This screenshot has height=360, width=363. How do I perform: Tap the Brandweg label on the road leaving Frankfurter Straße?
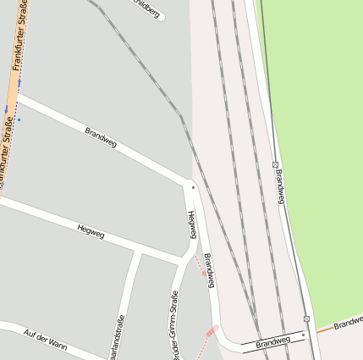(x=101, y=137)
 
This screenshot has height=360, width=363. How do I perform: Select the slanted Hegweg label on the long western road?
(x=91, y=230)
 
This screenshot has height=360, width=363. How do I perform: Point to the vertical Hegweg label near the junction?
(x=192, y=224)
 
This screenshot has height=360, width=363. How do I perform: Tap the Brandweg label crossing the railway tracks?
(x=272, y=343)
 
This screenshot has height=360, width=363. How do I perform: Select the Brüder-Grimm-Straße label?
(x=174, y=326)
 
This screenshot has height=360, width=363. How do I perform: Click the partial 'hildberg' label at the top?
(x=146, y=7)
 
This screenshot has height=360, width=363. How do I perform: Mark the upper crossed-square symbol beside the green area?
(x=275, y=163)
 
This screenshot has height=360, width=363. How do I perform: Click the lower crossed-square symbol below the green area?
(x=306, y=319)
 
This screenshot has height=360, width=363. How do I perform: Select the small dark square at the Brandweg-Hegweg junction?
(x=193, y=187)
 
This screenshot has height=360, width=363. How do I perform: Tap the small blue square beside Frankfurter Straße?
(x=19, y=119)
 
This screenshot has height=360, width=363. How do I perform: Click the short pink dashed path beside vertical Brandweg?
(x=201, y=266)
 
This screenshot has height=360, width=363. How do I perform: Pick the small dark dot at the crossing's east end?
(x=303, y=335)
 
